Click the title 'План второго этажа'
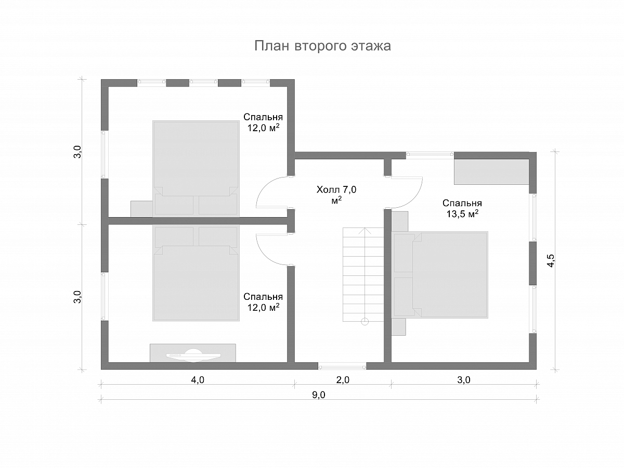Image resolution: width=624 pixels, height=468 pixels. click(322, 46)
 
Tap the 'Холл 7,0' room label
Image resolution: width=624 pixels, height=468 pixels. click(336, 189)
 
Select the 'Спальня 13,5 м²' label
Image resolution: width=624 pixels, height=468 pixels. click(462, 209)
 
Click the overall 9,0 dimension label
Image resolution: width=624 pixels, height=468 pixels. click(318, 395)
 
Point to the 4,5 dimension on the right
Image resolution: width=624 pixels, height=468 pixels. click(550, 260)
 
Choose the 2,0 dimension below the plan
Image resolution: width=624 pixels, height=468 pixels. click(343, 380)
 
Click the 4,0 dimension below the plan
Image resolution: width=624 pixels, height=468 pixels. click(197, 380)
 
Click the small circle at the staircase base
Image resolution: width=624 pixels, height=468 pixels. click(365, 322)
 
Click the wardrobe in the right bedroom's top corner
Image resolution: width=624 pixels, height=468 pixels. click(491, 172)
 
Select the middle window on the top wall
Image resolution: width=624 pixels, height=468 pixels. click(203, 82)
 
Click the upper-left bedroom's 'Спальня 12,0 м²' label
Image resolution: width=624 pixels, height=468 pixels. click(263, 122)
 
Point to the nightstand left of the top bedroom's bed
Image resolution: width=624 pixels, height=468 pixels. click(141, 209)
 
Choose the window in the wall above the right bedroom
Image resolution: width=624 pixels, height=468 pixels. click(430, 154)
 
